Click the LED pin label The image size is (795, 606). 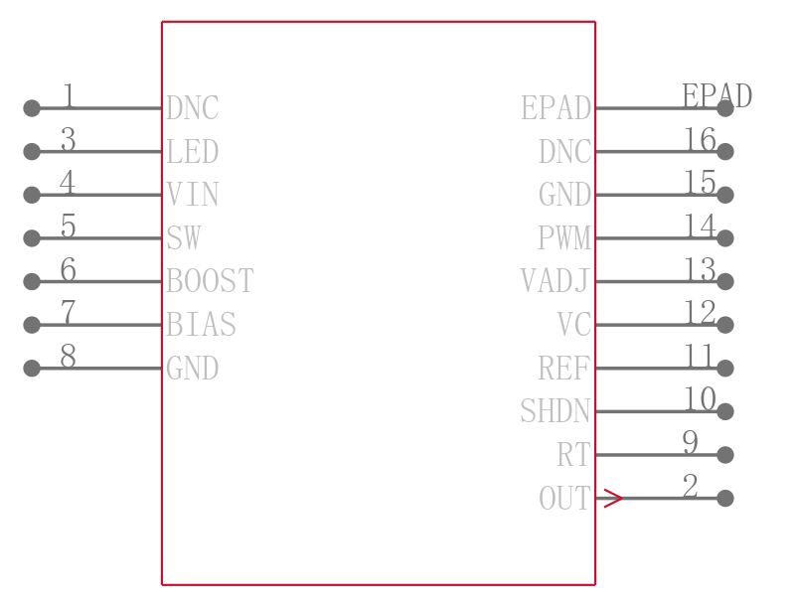point(193,151)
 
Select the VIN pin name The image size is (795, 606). point(193,195)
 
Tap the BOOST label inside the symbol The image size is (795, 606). point(210,281)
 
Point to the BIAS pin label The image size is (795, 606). point(202,324)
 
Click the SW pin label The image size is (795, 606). point(184,238)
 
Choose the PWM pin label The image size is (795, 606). point(564,238)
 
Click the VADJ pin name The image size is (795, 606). point(556,281)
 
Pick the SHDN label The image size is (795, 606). point(556,411)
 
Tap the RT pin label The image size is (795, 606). point(574,455)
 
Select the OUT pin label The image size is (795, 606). point(565,498)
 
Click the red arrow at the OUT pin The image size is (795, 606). point(612,498)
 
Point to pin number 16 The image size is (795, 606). point(701,139)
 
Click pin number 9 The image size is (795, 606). point(691,442)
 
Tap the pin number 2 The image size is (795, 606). point(691,486)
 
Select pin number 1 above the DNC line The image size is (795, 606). point(69,95)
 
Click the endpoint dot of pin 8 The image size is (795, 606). point(32,368)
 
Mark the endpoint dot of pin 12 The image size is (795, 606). point(725,324)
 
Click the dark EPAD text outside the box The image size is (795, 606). point(716,95)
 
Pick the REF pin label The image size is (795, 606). point(564,368)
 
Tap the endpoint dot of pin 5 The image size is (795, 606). point(32,238)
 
